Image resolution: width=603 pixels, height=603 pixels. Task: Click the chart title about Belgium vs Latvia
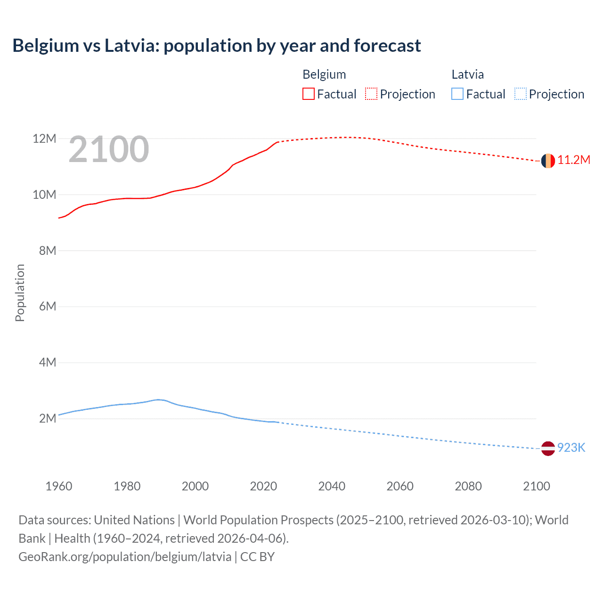pos(217,46)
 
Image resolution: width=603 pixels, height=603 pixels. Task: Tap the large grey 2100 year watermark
pos(109,149)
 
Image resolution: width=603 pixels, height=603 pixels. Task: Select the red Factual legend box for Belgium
pos(309,94)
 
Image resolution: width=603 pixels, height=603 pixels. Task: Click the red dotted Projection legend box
pos(371,94)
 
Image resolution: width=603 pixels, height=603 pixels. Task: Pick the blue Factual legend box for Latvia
pos(457,94)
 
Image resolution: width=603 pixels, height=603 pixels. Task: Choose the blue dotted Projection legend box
pos(521,94)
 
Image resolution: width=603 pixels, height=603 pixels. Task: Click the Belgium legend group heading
pos(324,74)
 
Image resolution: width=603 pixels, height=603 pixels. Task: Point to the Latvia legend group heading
pos(467,74)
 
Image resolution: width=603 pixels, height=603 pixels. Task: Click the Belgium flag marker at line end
pos(548,161)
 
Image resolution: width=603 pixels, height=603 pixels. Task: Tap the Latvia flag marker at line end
pos(548,448)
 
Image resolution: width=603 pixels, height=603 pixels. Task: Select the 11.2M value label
pos(574,160)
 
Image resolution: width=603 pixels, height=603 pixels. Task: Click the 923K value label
pos(571,448)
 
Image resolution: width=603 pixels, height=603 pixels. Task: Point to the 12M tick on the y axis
pos(44,139)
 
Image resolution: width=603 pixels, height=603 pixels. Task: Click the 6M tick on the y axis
pos(48,307)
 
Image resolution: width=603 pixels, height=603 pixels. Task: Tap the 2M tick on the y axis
pos(48,418)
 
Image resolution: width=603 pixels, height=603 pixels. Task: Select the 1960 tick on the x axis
pos(59,486)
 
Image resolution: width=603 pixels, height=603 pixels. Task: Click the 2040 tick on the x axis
pos(332,486)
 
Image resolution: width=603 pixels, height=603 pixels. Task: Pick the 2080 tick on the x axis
pos(468,486)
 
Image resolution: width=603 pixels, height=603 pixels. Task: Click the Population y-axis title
pos(20,293)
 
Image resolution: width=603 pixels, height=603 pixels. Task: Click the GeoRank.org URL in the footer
pos(125,557)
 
